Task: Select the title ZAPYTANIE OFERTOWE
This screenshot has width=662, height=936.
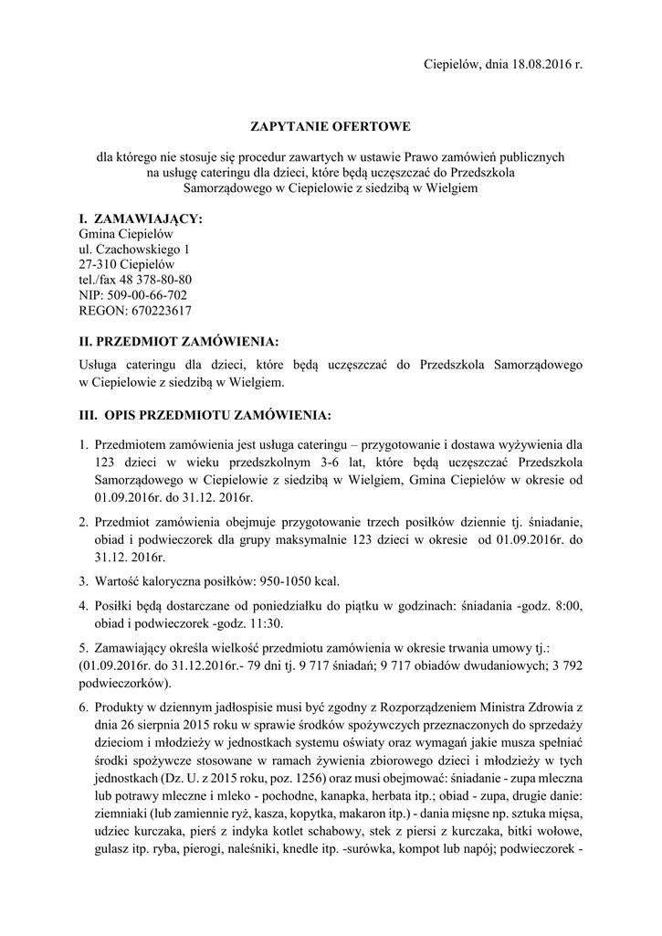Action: (331, 125)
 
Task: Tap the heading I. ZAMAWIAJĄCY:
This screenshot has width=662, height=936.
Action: (141, 219)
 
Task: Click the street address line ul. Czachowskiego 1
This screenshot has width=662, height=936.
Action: (135, 249)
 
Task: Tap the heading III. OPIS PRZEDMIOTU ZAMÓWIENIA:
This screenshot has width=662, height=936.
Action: (205, 415)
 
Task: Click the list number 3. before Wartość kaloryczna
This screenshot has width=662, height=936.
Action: (84, 580)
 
